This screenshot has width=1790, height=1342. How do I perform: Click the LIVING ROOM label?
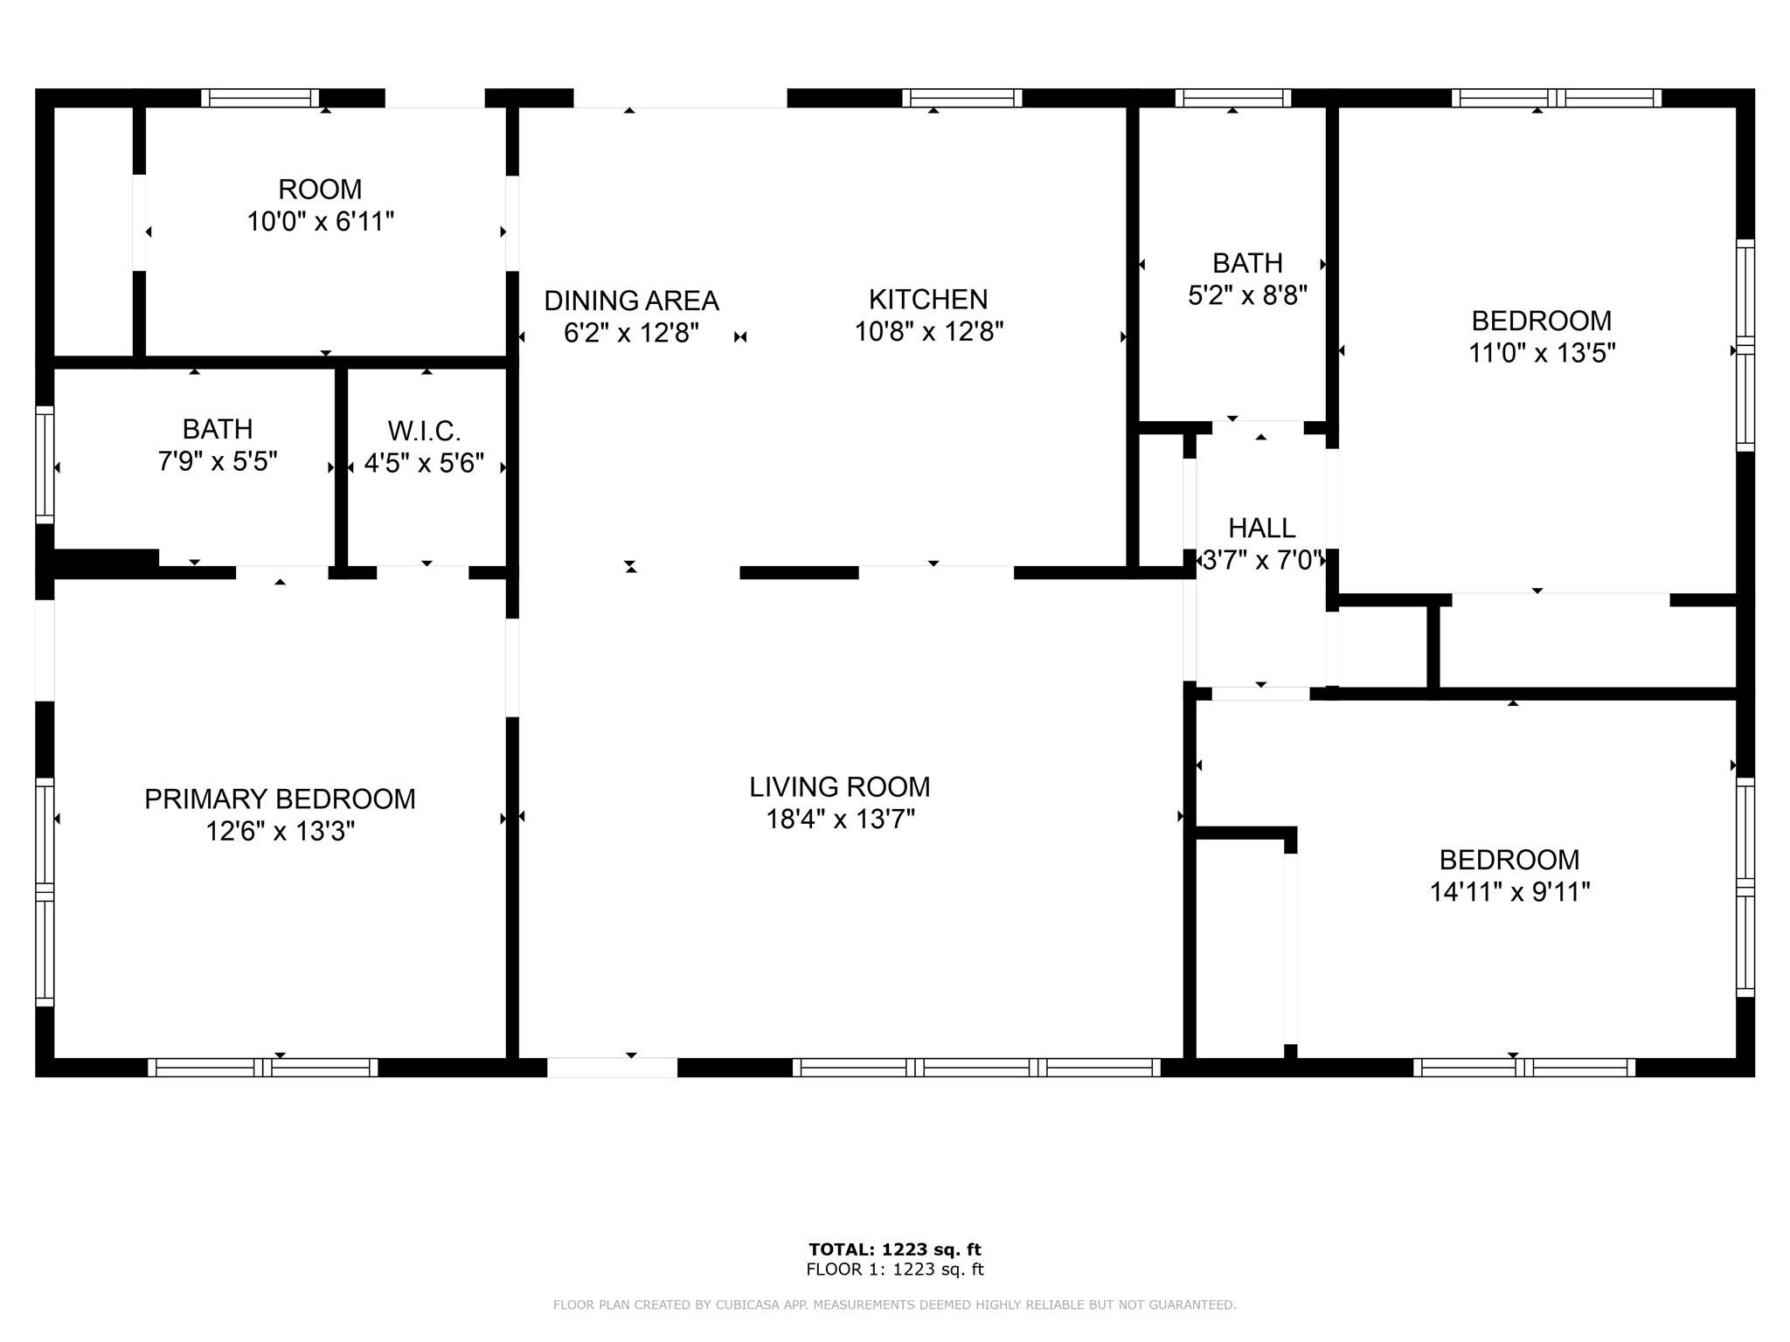tap(839, 787)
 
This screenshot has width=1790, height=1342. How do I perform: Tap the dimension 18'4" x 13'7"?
tap(840, 820)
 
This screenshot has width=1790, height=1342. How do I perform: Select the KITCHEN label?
tap(928, 300)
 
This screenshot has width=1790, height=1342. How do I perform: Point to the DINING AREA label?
tap(631, 301)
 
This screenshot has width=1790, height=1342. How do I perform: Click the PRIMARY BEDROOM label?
tap(280, 799)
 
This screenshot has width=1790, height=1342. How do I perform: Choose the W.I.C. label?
tap(424, 431)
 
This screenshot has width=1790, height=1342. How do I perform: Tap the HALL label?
tap(1261, 528)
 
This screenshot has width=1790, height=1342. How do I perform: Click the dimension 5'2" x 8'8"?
tap(1247, 295)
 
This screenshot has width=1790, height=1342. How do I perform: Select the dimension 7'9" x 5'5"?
tap(218, 461)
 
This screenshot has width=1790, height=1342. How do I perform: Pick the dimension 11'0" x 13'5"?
tap(1541, 353)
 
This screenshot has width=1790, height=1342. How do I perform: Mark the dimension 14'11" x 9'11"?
tap(1509, 892)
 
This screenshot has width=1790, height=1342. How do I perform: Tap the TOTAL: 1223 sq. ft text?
tap(894, 1249)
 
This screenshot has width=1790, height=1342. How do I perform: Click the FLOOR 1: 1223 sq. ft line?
tap(894, 1269)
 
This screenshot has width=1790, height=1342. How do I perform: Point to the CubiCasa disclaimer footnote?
tap(894, 1305)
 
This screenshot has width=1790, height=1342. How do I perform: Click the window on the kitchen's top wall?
tap(961, 98)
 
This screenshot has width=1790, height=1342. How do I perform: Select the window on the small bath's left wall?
tap(45, 465)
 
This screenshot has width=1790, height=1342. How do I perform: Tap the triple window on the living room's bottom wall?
tap(976, 1067)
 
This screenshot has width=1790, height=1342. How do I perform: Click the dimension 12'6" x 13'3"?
tap(280, 831)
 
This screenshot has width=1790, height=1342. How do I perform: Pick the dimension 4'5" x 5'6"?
tap(424, 463)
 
